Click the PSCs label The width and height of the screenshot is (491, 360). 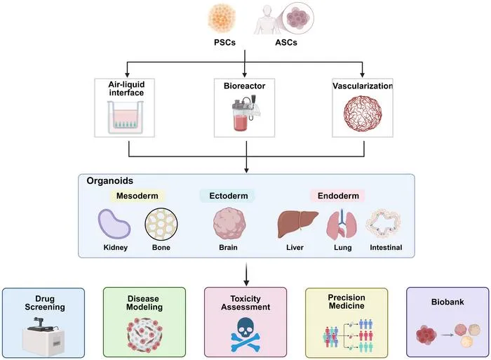click(x=224, y=42)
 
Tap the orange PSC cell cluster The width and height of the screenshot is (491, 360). click(x=222, y=18)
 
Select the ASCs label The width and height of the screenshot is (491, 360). click(x=286, y=42)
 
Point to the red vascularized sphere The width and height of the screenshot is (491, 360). click(x=363, y=114)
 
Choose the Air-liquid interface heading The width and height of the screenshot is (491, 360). click(x=126, y=88)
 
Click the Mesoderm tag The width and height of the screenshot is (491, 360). click(x=137, y=196)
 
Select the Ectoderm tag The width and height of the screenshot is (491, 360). click(x=228, y=196)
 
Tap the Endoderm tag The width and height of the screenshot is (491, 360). click(x=338, y=196)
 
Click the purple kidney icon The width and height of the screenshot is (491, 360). click(x=114, y=225)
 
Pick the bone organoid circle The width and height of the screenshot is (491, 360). click(x=161, y=225)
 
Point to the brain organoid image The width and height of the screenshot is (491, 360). click(x=229, y=225)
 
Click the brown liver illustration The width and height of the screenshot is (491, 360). click(x=297, y=224)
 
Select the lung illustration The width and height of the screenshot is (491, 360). click(x=342, y=225)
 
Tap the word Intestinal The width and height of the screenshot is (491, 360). click(x=386, y=248)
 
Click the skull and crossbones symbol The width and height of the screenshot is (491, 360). click(x=245, y=335)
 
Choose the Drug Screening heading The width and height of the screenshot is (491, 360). click(x=45, y=303)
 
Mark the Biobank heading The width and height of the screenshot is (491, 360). click(x=448, y=302)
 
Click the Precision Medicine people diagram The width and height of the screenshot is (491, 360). click(x=348, y=335)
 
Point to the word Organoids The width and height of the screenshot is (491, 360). click(x=110, y=181)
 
